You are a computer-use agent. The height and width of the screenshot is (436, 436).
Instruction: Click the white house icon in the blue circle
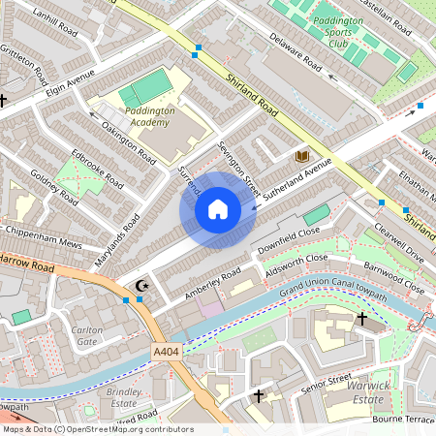pyautogui.click(x=218, y=208)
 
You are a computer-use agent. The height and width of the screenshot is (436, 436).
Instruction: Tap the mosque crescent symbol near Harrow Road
pyautogui.click(x=142, y=285)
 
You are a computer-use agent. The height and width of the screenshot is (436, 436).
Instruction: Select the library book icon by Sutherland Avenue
pyautogui.click(x=301, y=156)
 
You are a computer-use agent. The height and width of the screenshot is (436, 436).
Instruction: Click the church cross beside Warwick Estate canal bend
pyautogui.click(x=362, y=318)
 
